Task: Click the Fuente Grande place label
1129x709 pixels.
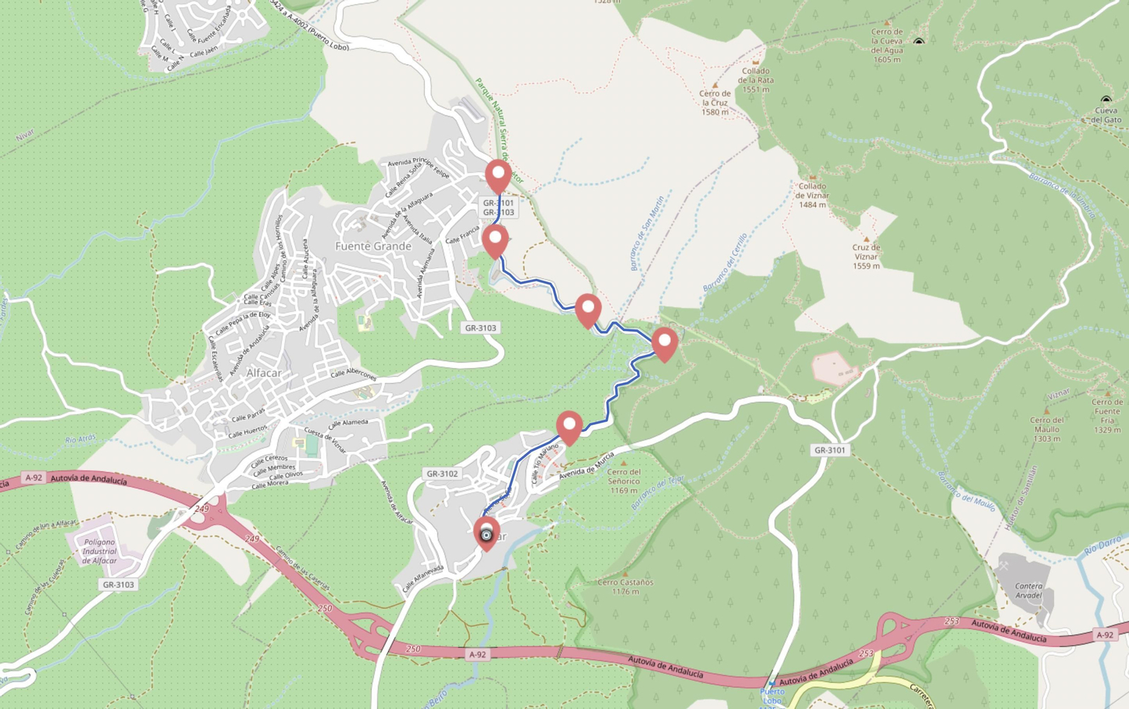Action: click(373, 246)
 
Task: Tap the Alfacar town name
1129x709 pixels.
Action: click(264, 372)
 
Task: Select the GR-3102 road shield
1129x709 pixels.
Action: click(442, 474)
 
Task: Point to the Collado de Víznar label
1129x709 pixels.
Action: click(812, 195)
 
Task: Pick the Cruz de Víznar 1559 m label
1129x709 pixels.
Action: click(866, 257)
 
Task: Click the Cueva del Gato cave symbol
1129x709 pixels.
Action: click(1106, 100)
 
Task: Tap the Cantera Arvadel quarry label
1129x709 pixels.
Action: click(1028, 590)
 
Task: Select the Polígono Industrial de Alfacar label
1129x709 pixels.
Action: click(99, 551)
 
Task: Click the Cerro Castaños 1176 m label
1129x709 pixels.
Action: click(625, 587)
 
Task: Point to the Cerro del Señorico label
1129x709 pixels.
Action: click(624, 481)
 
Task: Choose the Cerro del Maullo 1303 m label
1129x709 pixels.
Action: click(1046, 429)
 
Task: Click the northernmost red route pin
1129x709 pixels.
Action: click(498, 174)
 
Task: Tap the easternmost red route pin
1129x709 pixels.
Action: click(664, 342)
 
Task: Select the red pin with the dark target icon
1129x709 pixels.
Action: click(486, 533)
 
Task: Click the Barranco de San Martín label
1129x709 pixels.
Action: click(647, 234)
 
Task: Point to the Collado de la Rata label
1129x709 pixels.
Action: click(756, 80)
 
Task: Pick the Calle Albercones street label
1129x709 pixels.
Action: click(354, 373)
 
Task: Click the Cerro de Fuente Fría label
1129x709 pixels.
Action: click(1106, 416)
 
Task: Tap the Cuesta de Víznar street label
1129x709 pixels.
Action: click(325, 439)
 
